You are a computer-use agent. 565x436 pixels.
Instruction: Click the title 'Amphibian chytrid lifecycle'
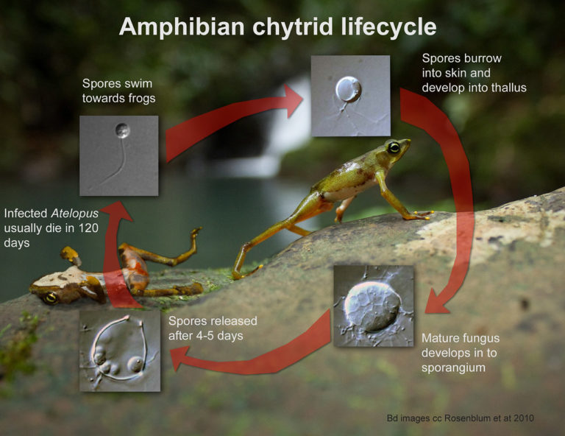click(x=277, y=27)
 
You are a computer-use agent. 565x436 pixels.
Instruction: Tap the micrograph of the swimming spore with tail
click(x=118, y=155)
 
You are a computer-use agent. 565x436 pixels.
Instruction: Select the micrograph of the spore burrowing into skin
click(x=350, y=96)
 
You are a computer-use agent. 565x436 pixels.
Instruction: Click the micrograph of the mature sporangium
click(x=373, y=306)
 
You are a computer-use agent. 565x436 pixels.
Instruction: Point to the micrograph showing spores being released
click(x=119, y=350)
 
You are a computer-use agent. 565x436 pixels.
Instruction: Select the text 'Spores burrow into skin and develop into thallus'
click(x=474, y=73)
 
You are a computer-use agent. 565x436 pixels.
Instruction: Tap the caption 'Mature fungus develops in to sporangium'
click(x=461, y=353)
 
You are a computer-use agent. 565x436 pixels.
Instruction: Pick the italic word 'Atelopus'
click(x=69, y=214)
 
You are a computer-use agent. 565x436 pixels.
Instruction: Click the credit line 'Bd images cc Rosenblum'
click(x=460, y=418)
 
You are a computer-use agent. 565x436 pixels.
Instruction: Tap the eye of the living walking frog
click(x=394, y=147)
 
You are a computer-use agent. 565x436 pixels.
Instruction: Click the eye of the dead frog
click(x=51, y=298)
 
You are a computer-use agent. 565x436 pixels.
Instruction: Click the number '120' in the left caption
click(x=87, y=228)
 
